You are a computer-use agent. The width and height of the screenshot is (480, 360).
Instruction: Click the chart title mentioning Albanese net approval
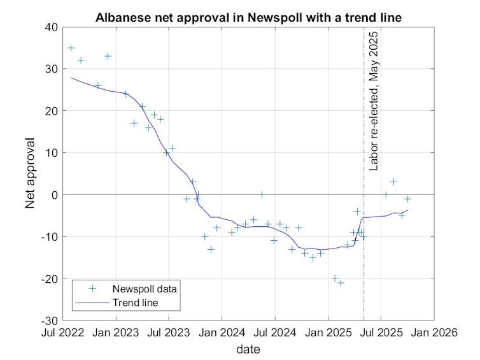(x=248, y=18)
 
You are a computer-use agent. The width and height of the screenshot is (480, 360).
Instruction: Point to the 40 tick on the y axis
(x=50, y=27)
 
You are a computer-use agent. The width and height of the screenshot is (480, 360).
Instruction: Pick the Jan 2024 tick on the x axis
(x=222, y=332)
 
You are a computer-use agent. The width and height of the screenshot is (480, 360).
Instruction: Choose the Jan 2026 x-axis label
(x=434, y=332)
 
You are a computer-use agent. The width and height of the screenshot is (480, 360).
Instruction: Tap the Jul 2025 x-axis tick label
(x=381, y=332)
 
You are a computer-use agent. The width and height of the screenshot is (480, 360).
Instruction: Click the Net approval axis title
(x=30, y=173)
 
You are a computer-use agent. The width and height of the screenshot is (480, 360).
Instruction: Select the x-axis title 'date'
(x=248, y=349)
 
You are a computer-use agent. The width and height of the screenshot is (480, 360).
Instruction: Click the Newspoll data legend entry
(x=134, y=288)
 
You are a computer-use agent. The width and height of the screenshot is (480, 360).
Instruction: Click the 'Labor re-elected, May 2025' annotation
(x=374, y=100)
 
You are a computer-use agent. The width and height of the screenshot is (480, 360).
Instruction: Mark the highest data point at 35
(x=71, y=48)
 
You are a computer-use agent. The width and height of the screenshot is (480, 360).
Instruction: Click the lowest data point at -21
(x=341, y=282)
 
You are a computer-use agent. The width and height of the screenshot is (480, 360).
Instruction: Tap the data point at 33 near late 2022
(x=108, y=56)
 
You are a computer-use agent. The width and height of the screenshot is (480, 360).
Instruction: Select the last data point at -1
(x=408, y=199)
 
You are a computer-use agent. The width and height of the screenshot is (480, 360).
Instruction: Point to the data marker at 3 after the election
(x=393, y=182)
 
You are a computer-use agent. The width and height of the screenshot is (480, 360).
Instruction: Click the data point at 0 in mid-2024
(x=261, y=194)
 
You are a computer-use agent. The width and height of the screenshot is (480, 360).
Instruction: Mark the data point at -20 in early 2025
(x=335, y=278)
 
